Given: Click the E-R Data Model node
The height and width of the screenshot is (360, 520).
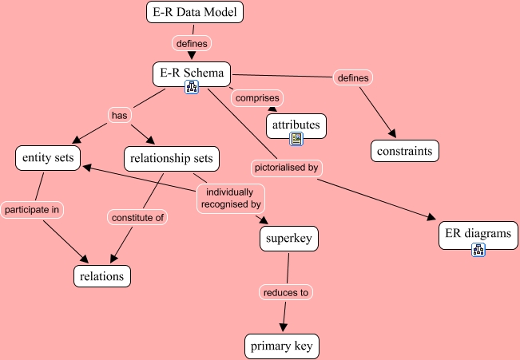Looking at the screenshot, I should pos(194,12).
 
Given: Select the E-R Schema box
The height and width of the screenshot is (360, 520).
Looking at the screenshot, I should pos(192,73).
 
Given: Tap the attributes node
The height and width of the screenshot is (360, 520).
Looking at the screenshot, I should pos(296,125).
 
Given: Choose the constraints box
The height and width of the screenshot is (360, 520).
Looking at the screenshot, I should pos(405,149).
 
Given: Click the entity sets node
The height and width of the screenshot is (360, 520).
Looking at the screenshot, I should pos(48,158).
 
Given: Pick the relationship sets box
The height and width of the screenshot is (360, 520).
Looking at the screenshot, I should pos(172,158).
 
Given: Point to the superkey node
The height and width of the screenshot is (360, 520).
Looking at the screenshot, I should pos(290,237).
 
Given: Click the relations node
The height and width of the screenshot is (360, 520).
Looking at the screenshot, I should pos(101,276).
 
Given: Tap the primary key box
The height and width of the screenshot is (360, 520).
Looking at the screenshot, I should pos(283,346).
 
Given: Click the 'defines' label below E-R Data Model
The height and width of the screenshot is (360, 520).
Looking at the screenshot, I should pos(192,43).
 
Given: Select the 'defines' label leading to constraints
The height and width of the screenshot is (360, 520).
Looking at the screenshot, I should pos(353,77).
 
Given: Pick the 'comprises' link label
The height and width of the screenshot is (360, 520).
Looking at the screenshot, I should pos(256,97).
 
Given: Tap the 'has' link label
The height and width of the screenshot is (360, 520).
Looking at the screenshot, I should pos(119,115).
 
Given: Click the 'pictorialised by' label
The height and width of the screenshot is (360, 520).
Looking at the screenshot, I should pos(286,168).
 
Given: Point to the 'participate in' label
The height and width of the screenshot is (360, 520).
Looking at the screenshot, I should pos(33,210).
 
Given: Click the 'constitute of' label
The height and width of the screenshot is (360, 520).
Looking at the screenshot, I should pos(137,216).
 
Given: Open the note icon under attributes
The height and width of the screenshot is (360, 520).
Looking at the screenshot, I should pos(296,139).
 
